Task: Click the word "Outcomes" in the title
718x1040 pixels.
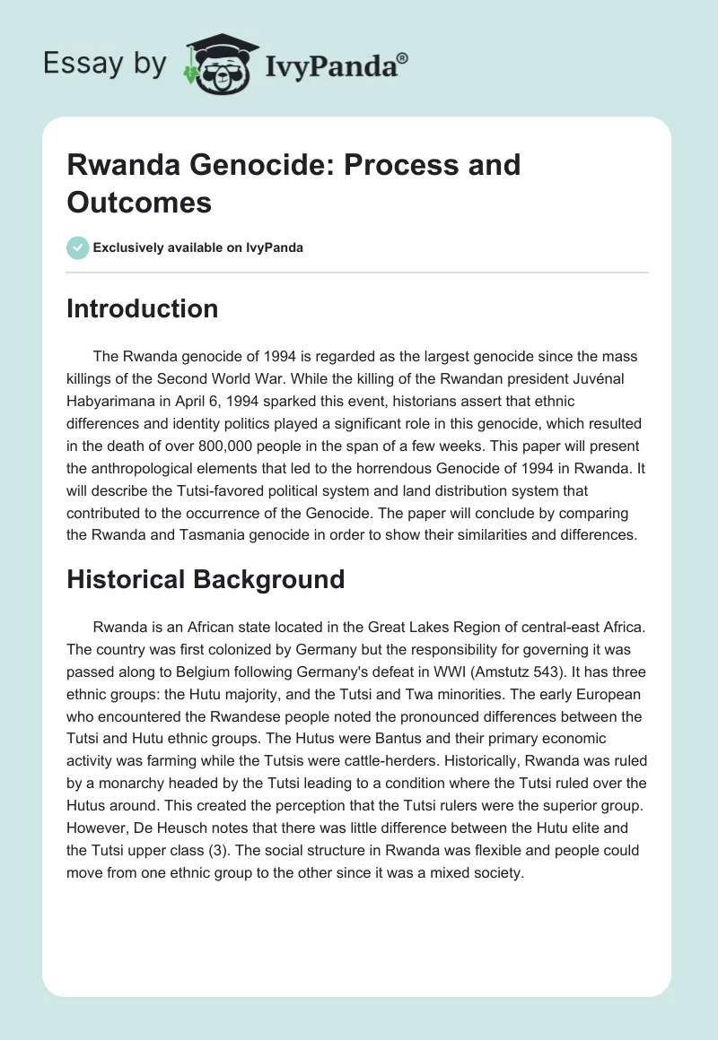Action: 139,202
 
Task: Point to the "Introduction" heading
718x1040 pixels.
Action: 142,308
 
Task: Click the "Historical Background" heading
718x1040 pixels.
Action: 206,579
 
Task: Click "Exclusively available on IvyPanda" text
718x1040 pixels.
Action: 198,247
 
